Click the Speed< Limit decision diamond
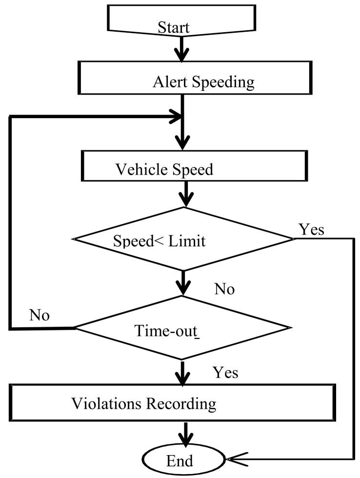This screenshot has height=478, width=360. click(x=182, y=239)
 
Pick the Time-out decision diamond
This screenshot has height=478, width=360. click(x=182, y=328)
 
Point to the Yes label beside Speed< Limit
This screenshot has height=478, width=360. click(x=311, y=229)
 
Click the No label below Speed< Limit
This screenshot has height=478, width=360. click(x=224, y=289)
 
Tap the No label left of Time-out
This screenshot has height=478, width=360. click(x=39, y=315)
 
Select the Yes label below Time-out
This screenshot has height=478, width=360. click(x=225, y=373)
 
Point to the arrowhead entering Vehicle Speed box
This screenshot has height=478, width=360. click(x=182, y=143)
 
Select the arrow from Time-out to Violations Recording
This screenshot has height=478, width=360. click(x=183, y=373)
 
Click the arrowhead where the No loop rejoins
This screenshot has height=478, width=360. click(x=175, y=117)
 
